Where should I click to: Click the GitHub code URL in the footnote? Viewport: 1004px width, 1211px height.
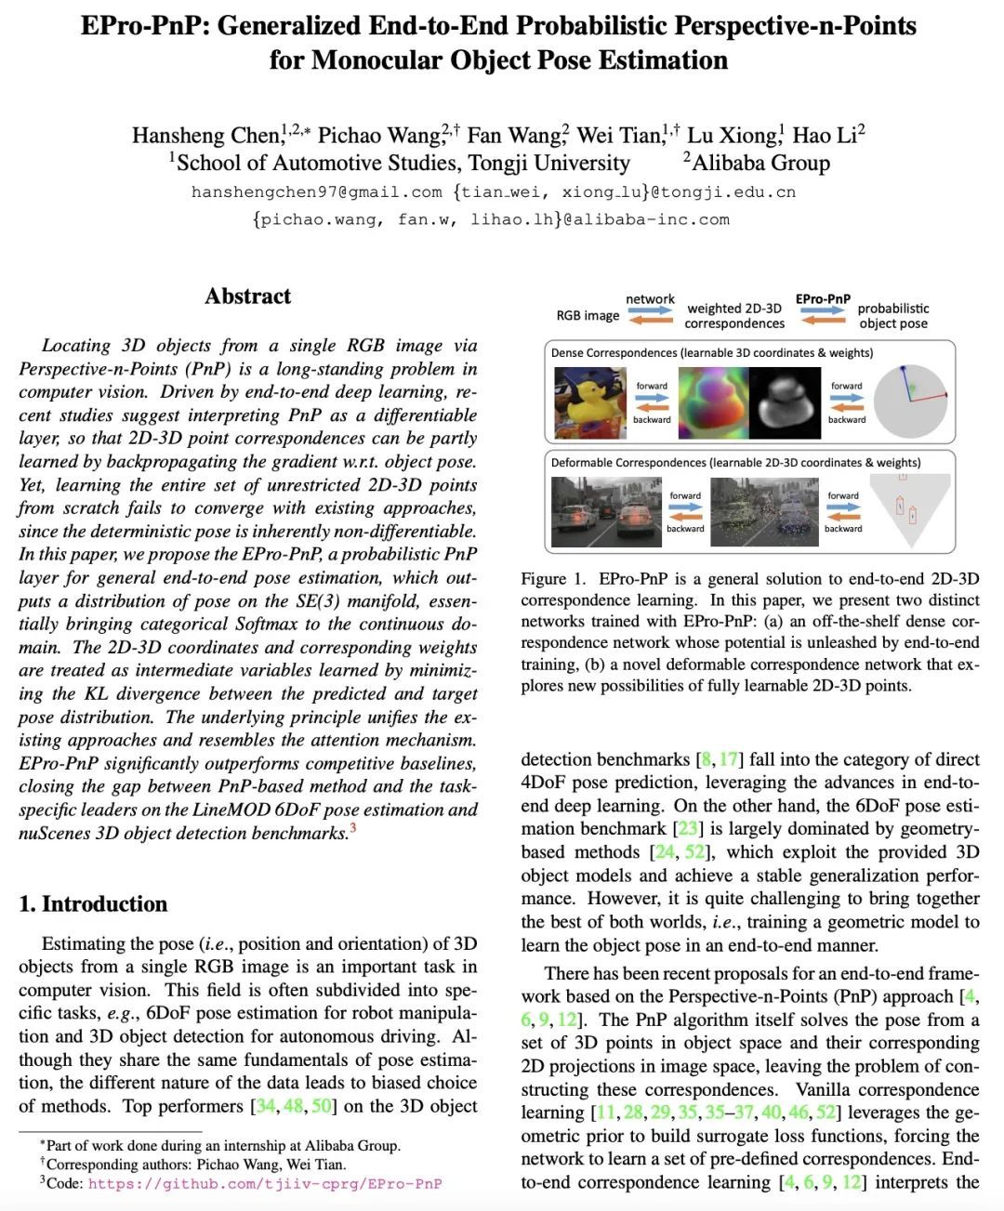(x=265, y=1184)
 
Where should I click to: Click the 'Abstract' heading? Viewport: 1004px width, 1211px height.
(x=248, y=296)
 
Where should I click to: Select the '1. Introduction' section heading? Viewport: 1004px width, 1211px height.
(x=93, y=904)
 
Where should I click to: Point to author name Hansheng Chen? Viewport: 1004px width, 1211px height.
(x=205, y=136)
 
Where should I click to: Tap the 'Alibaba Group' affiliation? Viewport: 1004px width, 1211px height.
(x=760, y=164)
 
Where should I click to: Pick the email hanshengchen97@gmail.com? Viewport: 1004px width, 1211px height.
(x=317, y=192)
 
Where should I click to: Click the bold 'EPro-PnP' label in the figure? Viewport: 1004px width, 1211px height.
(x=823, y=299)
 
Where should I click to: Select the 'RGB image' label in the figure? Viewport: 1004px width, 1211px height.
(x=588, y=315)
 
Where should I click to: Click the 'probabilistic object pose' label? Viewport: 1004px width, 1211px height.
(x=892, y=315)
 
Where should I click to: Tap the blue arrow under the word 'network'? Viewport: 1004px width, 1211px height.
(x=650, y=310)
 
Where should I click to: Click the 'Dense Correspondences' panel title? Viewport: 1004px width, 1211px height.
(x=614, y=353)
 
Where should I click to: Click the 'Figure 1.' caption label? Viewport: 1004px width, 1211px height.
(x=553, y=579)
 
